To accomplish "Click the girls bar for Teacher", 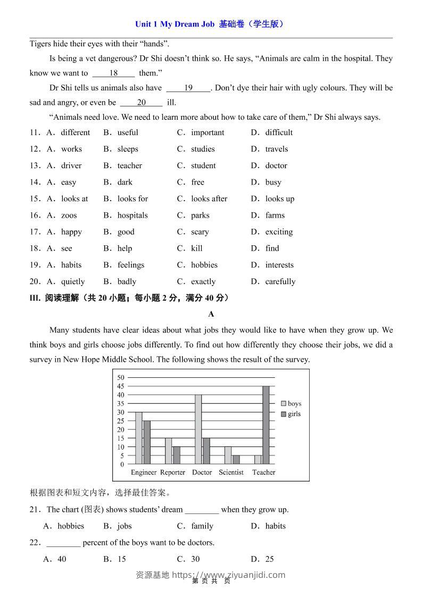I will (x=266, y=425).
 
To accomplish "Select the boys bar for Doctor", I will (x=198, y=429).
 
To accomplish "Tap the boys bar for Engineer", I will (x=138, y=438).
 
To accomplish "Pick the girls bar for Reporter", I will (x=177, y=455).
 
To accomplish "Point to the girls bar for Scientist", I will (x=236, y=459).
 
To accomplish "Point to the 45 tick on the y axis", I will (x=121, y=386).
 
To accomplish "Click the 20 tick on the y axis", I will (x=121, y=429).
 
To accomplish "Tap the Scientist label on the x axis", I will (x=231, y=472).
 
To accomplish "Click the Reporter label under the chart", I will (x=172, y=472).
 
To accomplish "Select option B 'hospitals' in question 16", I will (x=132, y=215).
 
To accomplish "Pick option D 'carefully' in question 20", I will (x=280, y=281).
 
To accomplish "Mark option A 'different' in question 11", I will (x=75, y=132).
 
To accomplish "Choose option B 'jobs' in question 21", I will (x=124, y=526).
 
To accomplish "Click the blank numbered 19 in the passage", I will (x=188, y=88).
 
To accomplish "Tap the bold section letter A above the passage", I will (x=211, y=314).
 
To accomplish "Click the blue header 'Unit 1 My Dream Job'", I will (x=175, y=24).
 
